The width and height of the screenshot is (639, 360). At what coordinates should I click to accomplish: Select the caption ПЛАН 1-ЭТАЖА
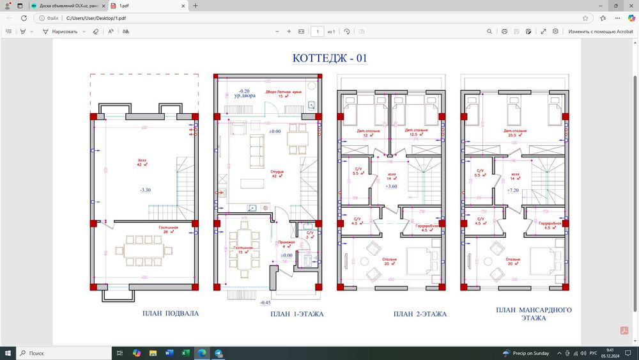coord(296,314)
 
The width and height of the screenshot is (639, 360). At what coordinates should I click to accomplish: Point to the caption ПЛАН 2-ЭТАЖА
coord(420,314)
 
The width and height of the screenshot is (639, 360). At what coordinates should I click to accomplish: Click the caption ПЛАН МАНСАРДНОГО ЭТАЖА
coord(534,313)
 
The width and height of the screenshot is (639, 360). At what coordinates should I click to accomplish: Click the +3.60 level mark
coord(391,186)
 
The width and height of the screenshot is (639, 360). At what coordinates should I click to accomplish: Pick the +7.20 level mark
coord(512,191)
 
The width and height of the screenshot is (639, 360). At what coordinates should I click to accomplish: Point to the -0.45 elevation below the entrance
coord(266,302)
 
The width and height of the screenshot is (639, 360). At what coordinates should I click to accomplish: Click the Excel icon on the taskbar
coord(185,353)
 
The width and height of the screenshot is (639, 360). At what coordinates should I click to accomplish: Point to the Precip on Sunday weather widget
coord(528,353)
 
